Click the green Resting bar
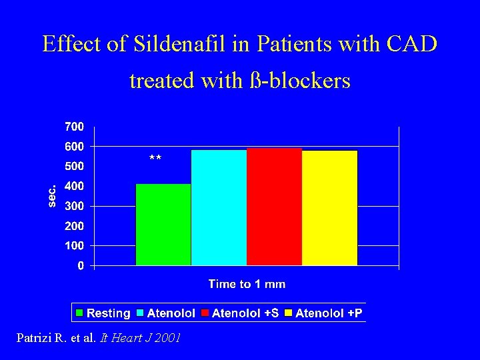(x=163, y=225)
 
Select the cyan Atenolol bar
(x=219, y=207)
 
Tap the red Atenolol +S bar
(x=274, y=207)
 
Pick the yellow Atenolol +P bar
(x=329, y=208)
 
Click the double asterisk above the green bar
(x=155, y=159)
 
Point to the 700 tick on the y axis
(x=74, y=126)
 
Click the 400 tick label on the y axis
(x=74, y=186)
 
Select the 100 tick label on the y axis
(x=74, y=246)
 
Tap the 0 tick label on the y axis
(x=81, y=266)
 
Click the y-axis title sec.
(x=53, y=195)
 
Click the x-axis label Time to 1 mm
(x=247, y=285)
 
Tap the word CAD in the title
(x=411, y=44)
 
